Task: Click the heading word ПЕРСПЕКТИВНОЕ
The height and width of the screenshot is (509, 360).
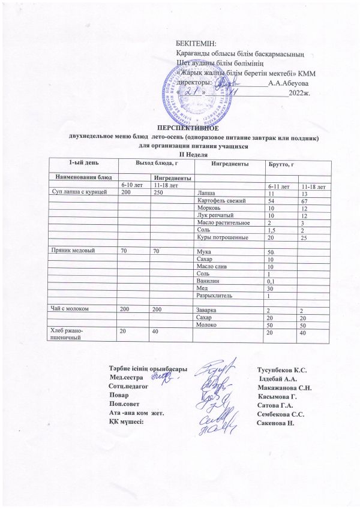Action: (x=187, y=128)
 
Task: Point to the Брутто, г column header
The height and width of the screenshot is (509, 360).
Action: (x=283, y=164)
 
